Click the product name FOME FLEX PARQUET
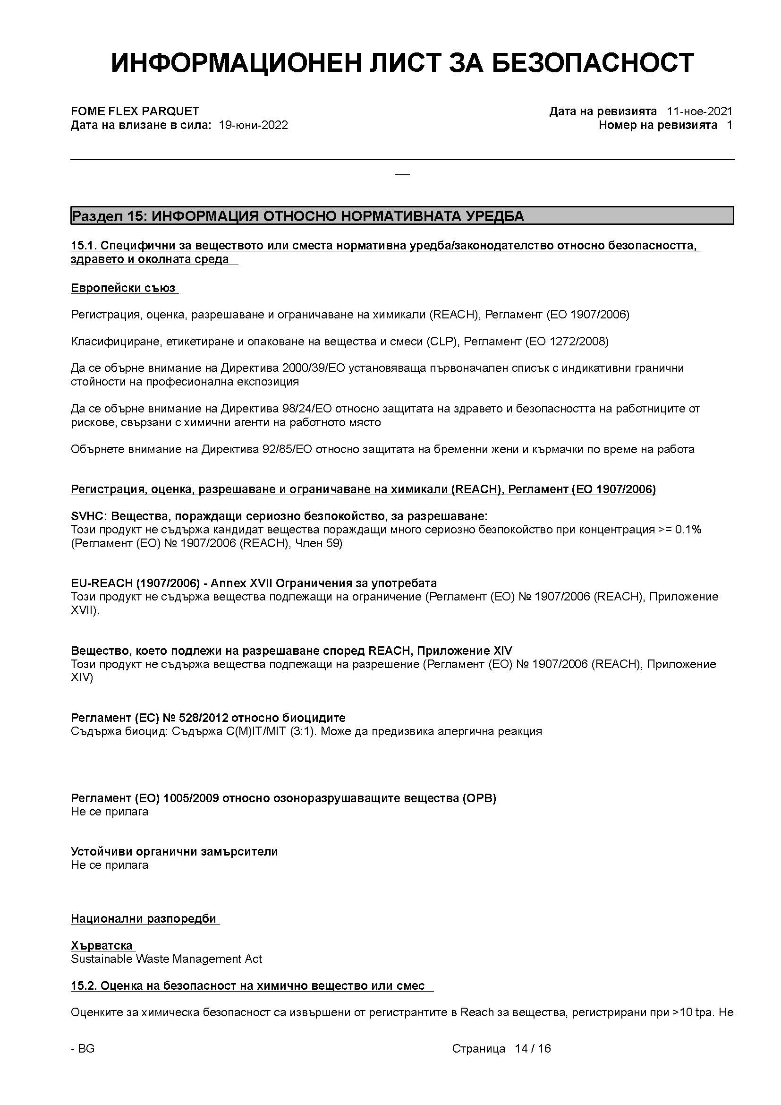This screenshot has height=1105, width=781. pos(135,111)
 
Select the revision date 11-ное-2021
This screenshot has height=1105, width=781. pos(699,111)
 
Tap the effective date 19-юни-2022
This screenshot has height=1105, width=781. pos(253,125)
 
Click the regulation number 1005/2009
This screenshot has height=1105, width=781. pos(191,798)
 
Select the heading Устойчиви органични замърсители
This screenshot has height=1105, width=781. pos(174,851)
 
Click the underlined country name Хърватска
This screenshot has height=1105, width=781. pos(102,945)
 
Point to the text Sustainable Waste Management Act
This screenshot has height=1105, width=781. pos(166,959)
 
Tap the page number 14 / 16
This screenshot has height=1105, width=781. pos(532,1048)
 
